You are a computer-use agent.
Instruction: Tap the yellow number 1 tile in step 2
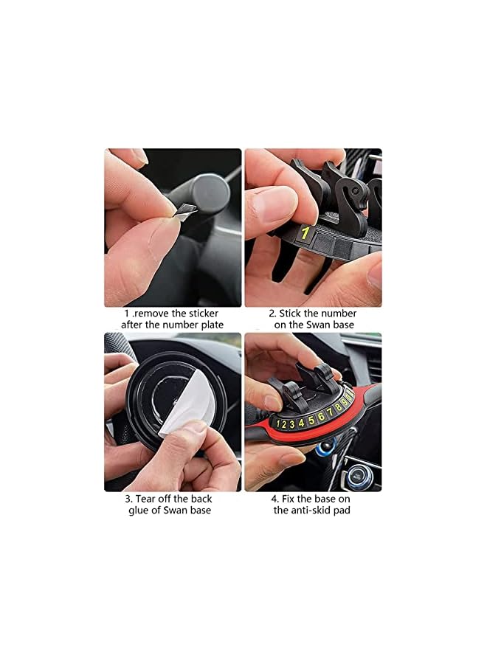click(x=303, y=234)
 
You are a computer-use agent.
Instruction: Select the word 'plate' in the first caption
click(x=214, y=325)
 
